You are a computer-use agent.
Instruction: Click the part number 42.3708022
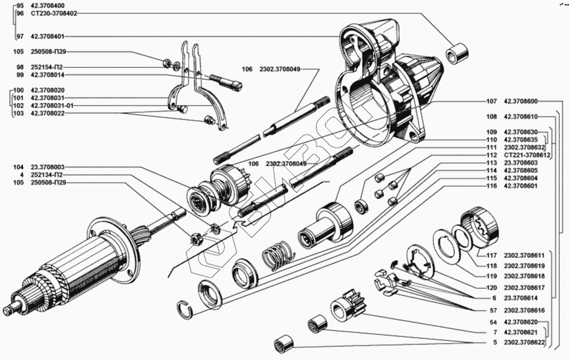[47, 113]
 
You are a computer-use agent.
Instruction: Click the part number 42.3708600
[520, 102]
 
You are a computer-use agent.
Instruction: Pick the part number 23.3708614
[520, 298]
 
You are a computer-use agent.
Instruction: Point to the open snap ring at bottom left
[185, 306]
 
